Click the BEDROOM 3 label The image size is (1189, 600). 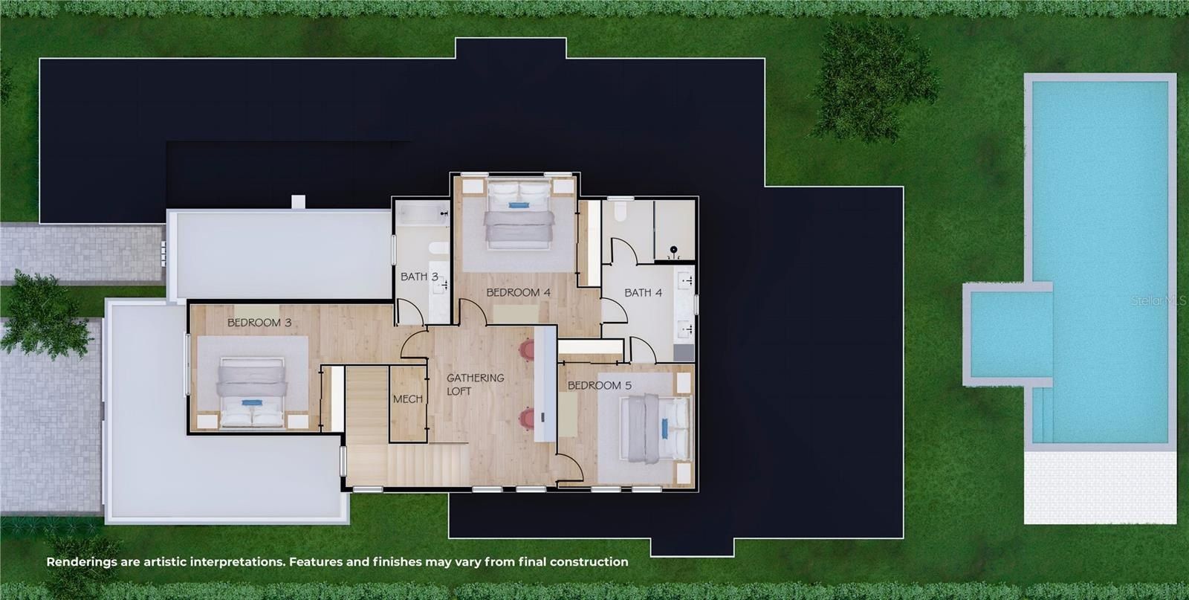pos(259,323)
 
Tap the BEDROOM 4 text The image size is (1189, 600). pos(518,292)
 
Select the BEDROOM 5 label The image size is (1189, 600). pos(599,385)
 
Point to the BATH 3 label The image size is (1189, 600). pos(419,277)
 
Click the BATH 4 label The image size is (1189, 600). pos(643,292)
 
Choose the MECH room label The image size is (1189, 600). pos(407,399)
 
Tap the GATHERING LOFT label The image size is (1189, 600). pos(475,384)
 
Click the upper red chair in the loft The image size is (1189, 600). pos(528,349)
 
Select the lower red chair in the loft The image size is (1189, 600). pos(528,419)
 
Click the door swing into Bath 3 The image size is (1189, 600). pos(409,312)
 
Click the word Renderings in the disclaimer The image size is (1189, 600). pos(82,562)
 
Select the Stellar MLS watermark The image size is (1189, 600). pos(1158,301)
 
